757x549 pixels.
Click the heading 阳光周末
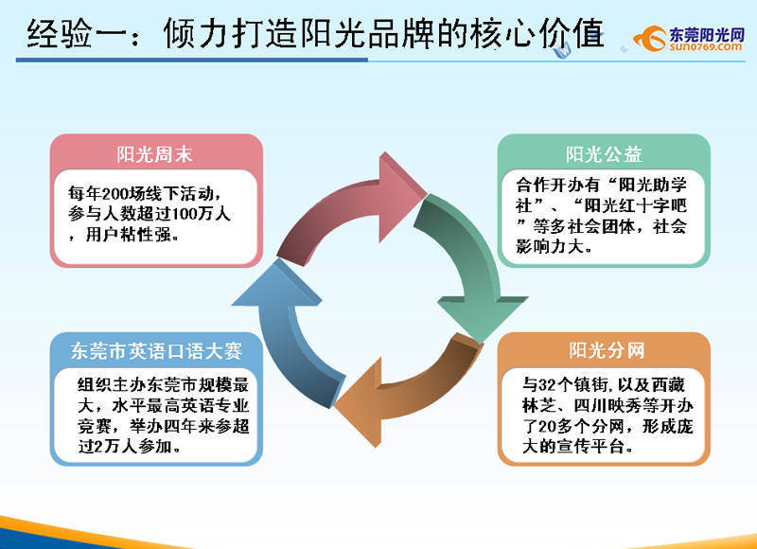tap(154, 154)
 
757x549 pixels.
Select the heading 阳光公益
tap(604, 154)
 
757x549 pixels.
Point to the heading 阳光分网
tap(607, 350)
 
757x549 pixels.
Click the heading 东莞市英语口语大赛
tap(156, 351)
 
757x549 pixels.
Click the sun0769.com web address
tap(705, 46)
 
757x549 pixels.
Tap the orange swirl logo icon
tap(650, 38)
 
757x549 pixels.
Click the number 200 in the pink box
tap(114, 194)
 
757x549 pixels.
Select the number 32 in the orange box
tap(547, 385)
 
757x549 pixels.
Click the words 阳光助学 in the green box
tap(653, 185)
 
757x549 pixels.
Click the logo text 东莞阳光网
tap(707, 34)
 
